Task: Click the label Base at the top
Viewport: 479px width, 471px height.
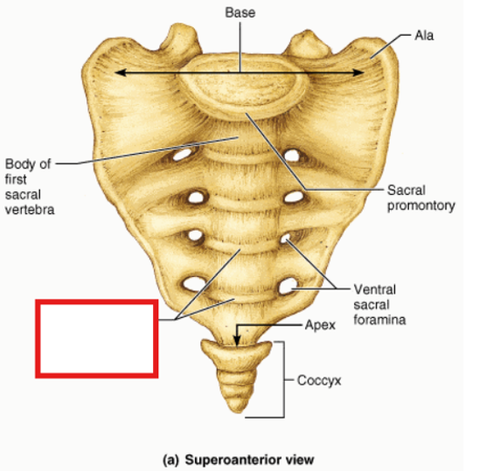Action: (x=240, y=13)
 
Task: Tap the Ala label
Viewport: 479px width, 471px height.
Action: (x=424, y=36)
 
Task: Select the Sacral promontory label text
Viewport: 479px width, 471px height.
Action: (x=421, y=198)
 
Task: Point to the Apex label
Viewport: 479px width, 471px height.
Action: (x=320, y=325)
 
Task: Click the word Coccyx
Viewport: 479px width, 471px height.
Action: (x=319, y=381)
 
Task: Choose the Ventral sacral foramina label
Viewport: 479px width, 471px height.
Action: (x=379, y=304)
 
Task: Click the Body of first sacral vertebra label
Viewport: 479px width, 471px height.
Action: (x=30, y=187)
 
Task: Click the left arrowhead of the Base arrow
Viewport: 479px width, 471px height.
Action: (x=120, y=73)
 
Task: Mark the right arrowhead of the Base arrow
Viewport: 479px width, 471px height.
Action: (x=358, y=73)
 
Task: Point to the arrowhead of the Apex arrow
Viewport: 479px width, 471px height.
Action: (x=237, y=341)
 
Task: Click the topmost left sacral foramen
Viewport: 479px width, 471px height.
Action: (x=183, y=155)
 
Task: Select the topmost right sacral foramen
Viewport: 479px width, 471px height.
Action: (x=292, y=156)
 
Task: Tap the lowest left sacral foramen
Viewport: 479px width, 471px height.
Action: (x=194, y=284)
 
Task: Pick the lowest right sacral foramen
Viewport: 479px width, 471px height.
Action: (x=288, y=287)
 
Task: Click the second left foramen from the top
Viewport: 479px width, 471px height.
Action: (x=196, y=197)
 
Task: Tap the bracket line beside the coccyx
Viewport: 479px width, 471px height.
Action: (x=284, y=379)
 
